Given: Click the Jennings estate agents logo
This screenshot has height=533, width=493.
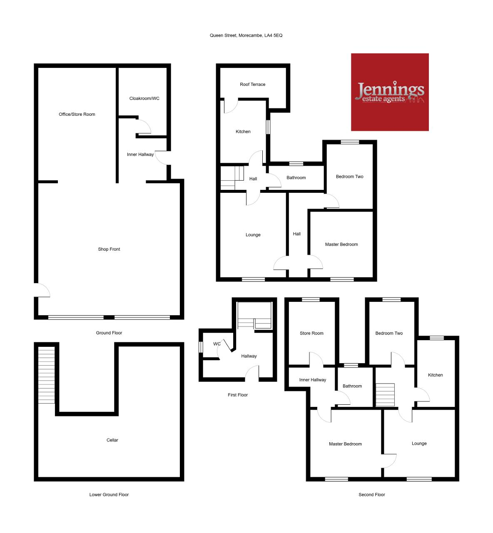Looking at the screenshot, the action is click(x=390, y=92).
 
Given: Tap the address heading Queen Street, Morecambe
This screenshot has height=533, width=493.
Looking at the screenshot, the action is click(x=246, y=35).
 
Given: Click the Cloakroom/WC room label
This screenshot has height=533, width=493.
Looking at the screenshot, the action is click(x=144, y=98).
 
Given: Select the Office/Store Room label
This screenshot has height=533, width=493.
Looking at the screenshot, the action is click(x=77, y=114).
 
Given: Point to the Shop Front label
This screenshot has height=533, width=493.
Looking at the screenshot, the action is click(x=109, y=249).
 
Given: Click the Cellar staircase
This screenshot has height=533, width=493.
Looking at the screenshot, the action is click(x=47, y=375).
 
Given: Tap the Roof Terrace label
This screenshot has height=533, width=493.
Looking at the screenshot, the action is click(x=253, y=84).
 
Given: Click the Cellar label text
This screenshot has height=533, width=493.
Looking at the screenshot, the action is click(x=112, y=440).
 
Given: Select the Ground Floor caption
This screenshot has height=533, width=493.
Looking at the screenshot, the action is click(x=109, y=333).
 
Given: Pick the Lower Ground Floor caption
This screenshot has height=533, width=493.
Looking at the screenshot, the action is click(x=109, y=494).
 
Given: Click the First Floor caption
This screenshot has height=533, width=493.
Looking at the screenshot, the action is click(x=238, y=395).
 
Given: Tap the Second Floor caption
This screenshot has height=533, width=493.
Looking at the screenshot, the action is click(x=372, y=494).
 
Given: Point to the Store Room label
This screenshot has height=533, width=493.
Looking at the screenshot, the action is click(x=311, y=333).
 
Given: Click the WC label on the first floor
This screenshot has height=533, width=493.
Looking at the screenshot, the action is click(x=217, y=344).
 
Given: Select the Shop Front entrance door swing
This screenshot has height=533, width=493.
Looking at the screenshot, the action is click(x=42, y=290).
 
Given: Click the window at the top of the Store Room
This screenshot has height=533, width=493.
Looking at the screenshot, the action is click(x=311, y=299).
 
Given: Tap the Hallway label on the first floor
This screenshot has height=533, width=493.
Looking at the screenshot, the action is click(x=249, y=356).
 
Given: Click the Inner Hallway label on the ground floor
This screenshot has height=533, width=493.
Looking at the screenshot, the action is click(x=140, y=154).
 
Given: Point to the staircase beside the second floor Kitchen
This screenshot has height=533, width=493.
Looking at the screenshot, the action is click(x=385, y=394).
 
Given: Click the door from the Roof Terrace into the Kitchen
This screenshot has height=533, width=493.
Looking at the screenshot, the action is click(x=231, y=106).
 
